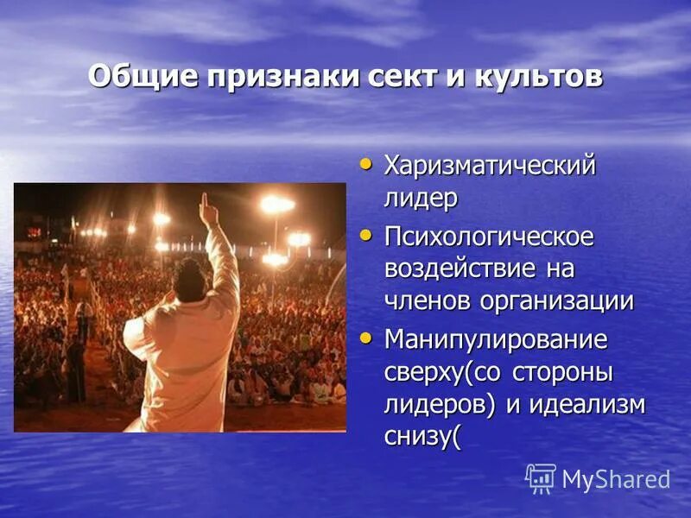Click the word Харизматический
490,165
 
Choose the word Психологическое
489,236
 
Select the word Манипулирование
495,339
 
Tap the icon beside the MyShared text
541,478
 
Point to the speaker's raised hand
207,210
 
